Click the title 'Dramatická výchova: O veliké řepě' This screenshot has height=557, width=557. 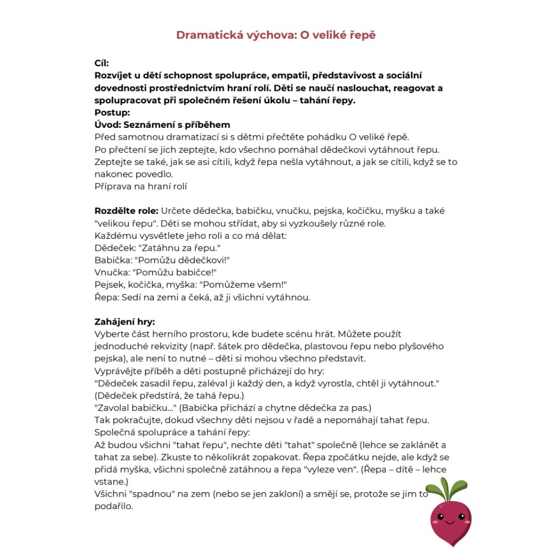[276, 35]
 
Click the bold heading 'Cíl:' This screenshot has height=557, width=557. [102, 63]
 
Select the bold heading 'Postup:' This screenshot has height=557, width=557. [113, 113]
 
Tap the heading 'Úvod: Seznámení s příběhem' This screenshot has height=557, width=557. [162, 125]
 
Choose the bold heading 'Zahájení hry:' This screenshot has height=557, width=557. [125, 321]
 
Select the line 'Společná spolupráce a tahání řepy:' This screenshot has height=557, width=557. [172, 432]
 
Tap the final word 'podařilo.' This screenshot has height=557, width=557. [114, 506]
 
